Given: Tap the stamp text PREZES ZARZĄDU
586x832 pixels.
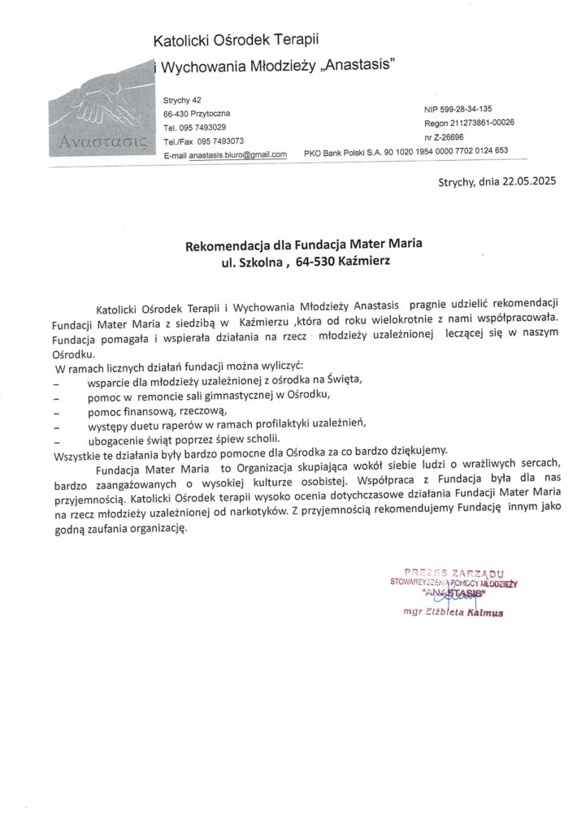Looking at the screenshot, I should coord(458,572).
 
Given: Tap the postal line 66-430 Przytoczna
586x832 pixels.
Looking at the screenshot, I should coord(196,114).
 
